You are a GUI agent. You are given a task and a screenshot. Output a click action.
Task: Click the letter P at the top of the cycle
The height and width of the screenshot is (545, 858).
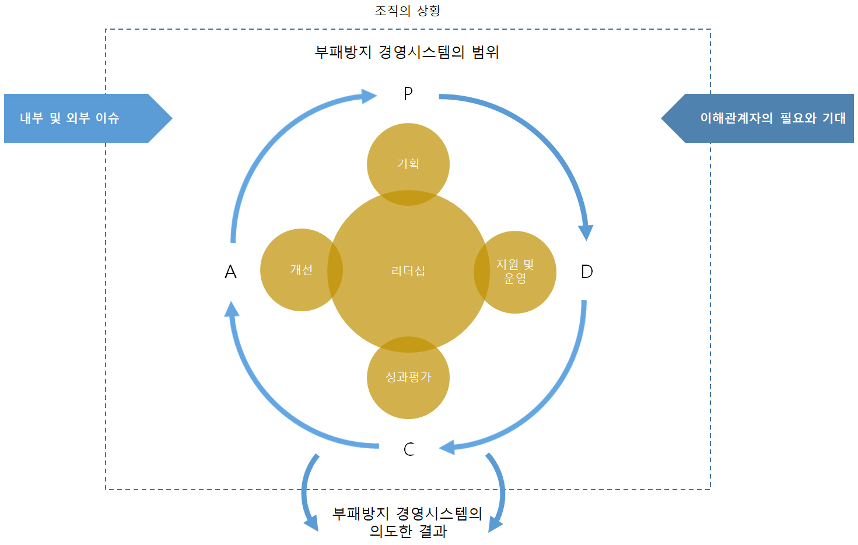point(408,93)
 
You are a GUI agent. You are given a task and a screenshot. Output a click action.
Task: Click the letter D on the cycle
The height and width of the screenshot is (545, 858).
point(587,272)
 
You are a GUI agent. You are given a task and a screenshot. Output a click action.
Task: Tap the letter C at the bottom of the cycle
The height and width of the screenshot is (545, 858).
point(409,449)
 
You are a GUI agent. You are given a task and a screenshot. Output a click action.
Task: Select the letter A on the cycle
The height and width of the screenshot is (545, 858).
point(230,272)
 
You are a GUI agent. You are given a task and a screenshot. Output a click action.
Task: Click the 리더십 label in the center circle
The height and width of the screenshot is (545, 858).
point(408,271)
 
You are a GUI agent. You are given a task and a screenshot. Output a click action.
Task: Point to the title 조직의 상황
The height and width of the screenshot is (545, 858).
point(408,10)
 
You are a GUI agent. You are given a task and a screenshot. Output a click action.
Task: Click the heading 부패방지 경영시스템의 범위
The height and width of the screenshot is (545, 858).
point(407,52)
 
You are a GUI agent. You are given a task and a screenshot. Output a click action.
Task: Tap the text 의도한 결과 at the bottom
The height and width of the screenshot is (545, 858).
point(408,531)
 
